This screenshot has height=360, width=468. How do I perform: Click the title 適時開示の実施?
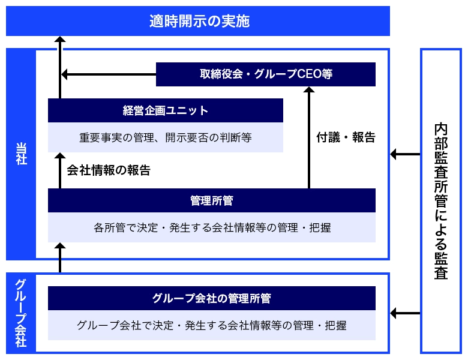coord(198,22)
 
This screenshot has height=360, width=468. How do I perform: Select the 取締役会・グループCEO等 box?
coord(266,74)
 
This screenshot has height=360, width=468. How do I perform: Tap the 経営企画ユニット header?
coord(165,110)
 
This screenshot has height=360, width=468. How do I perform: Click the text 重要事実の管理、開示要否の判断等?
coord(165,137)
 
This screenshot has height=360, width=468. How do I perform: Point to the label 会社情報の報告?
coord(109,170)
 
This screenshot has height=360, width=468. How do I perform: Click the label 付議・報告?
coord(346,137)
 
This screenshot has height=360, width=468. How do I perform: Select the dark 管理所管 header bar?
coord(211,200)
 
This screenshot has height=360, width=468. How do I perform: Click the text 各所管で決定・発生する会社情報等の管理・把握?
coord(211,227)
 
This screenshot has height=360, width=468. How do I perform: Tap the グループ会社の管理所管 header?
coord(211,298)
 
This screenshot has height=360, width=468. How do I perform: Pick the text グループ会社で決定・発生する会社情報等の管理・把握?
coord(211,326)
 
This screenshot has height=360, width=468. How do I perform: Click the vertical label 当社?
coord(21,154)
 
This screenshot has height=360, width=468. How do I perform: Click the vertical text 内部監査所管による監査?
coord(441,201)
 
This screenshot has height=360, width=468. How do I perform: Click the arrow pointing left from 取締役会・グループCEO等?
coord(108,74)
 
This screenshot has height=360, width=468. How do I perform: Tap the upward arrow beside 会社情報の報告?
coord(59,170)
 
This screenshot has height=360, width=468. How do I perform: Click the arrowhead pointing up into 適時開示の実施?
coord(59,41)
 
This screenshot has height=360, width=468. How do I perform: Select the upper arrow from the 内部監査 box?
coord(405,155)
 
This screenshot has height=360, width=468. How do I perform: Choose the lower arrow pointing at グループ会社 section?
coord(405,313)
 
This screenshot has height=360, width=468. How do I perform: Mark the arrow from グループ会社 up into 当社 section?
coord(59,257)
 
